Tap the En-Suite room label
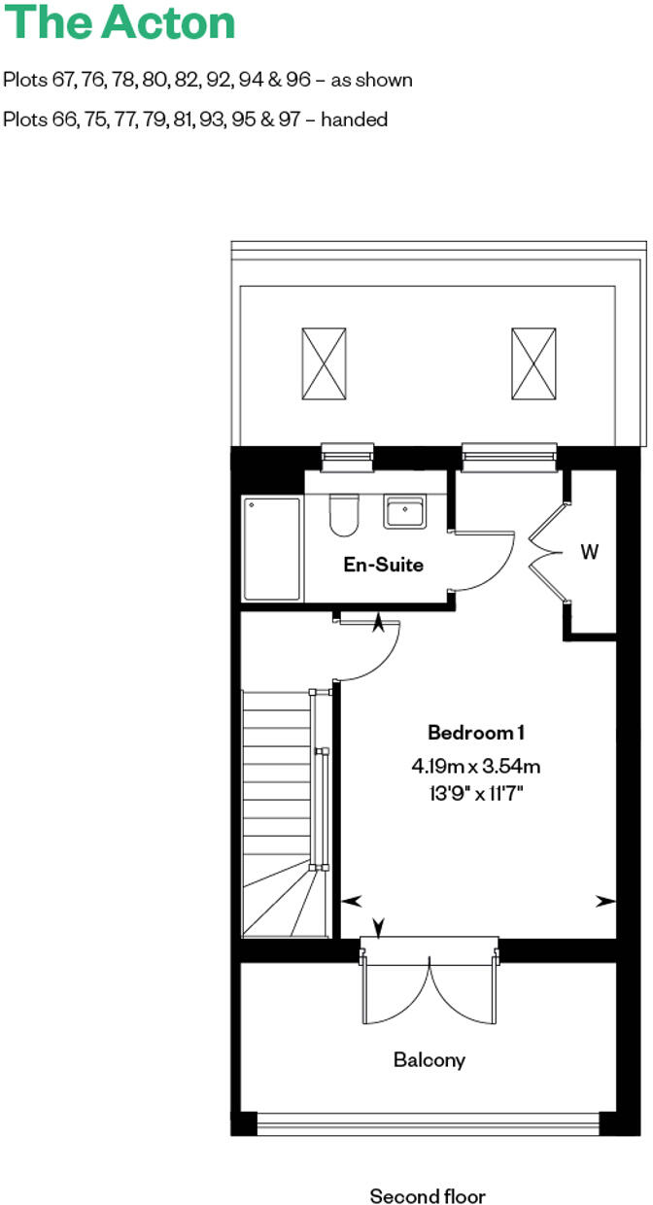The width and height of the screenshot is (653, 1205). point(384,564)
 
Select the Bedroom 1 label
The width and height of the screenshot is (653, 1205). point(477,732)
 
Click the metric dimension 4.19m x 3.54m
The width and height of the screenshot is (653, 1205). point(476,766)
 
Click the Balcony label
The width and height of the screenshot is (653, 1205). point(429,1059)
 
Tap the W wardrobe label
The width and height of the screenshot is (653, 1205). point(590,552)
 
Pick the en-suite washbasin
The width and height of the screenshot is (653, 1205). point(402,511)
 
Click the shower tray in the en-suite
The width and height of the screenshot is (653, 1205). point(272,549)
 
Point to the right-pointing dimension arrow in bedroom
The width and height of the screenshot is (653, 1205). point(606,901)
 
